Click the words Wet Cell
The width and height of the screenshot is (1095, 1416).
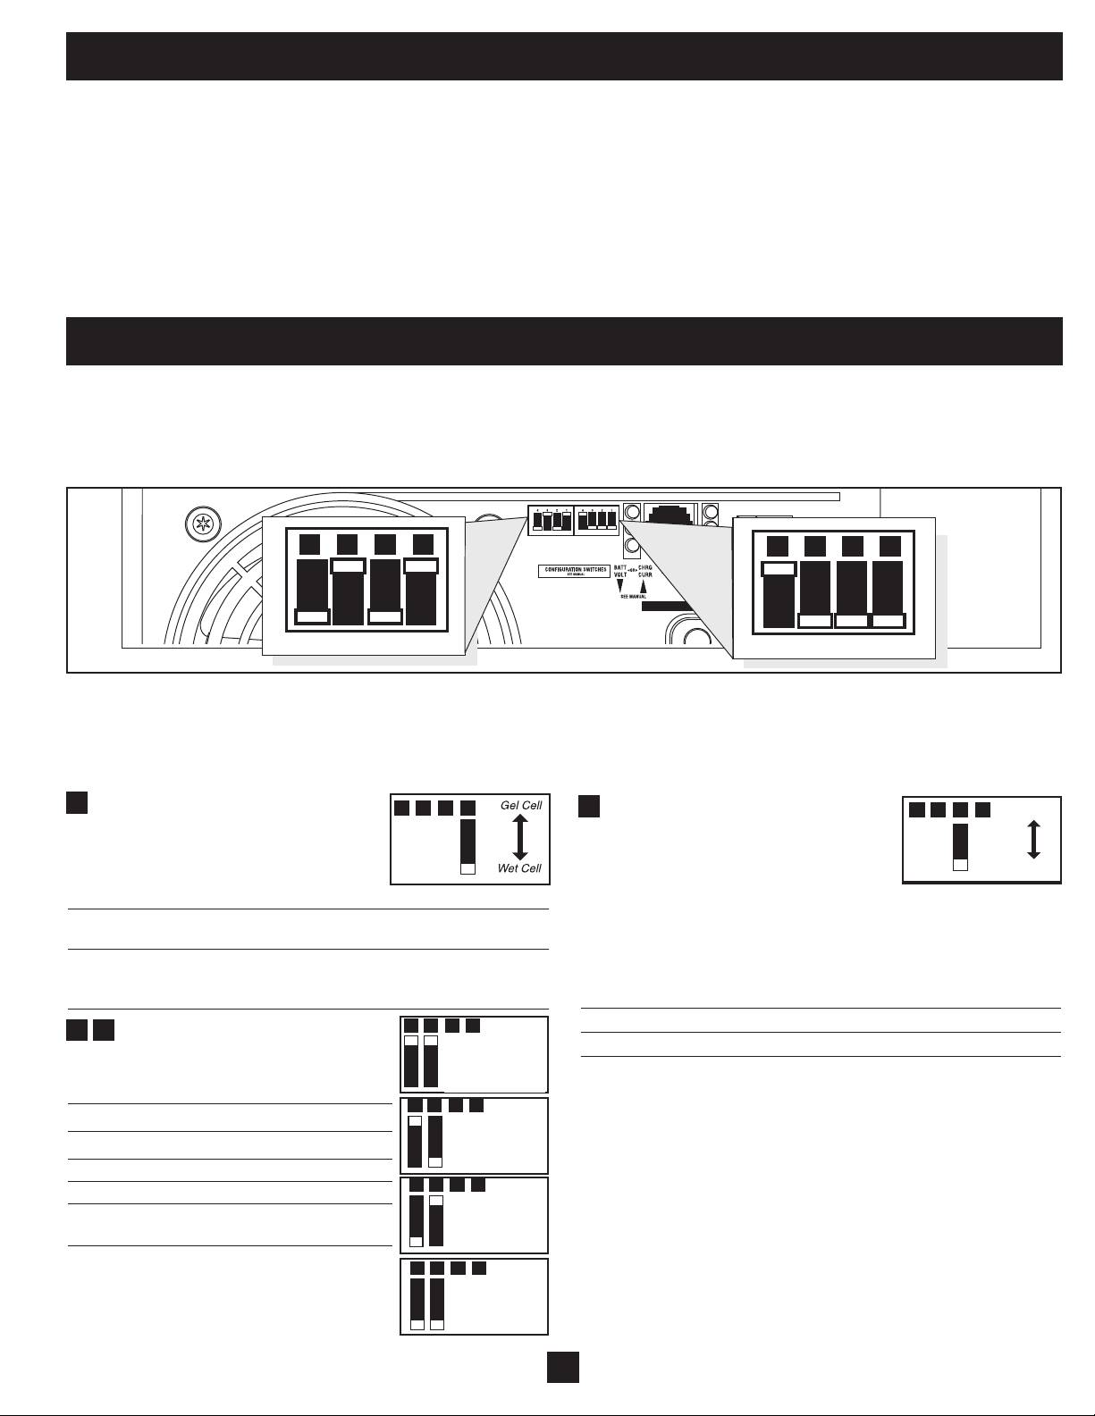pos(519,868)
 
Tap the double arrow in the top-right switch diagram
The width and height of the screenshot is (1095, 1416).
pos(1033,840)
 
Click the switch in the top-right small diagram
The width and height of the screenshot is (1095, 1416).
pos(961,847)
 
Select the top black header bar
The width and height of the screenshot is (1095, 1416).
pos(564,56)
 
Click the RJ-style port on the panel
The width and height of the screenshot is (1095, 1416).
pos(670,516)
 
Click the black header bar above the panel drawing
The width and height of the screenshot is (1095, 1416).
pos(564,340)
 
